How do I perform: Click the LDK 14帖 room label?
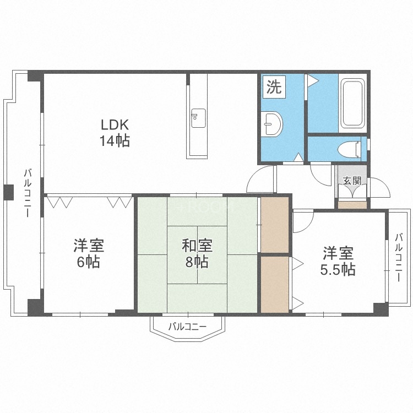tap(115, 133)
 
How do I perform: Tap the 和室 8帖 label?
tap(197, 253)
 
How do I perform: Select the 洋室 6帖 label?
tap(89, 253)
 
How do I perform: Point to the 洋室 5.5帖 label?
tap(338, 261)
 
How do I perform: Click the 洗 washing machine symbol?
tap(274, 87)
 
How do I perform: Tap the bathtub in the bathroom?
tap(352, 104)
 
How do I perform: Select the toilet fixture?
tap(350, 150)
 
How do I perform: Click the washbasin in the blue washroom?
tap(273, 124)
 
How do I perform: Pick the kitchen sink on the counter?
tap(198, 118)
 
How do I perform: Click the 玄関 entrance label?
tap(352, 181)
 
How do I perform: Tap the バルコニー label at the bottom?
tap(187, 327)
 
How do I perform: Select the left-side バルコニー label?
tap(28, 193)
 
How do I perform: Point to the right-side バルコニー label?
tap(399, 257)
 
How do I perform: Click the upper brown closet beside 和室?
tap(275, 225)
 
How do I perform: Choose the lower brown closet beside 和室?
tap(275, 285)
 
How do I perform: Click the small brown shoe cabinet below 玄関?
tap(352, 205)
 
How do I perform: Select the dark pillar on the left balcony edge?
tap(9, 192)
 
